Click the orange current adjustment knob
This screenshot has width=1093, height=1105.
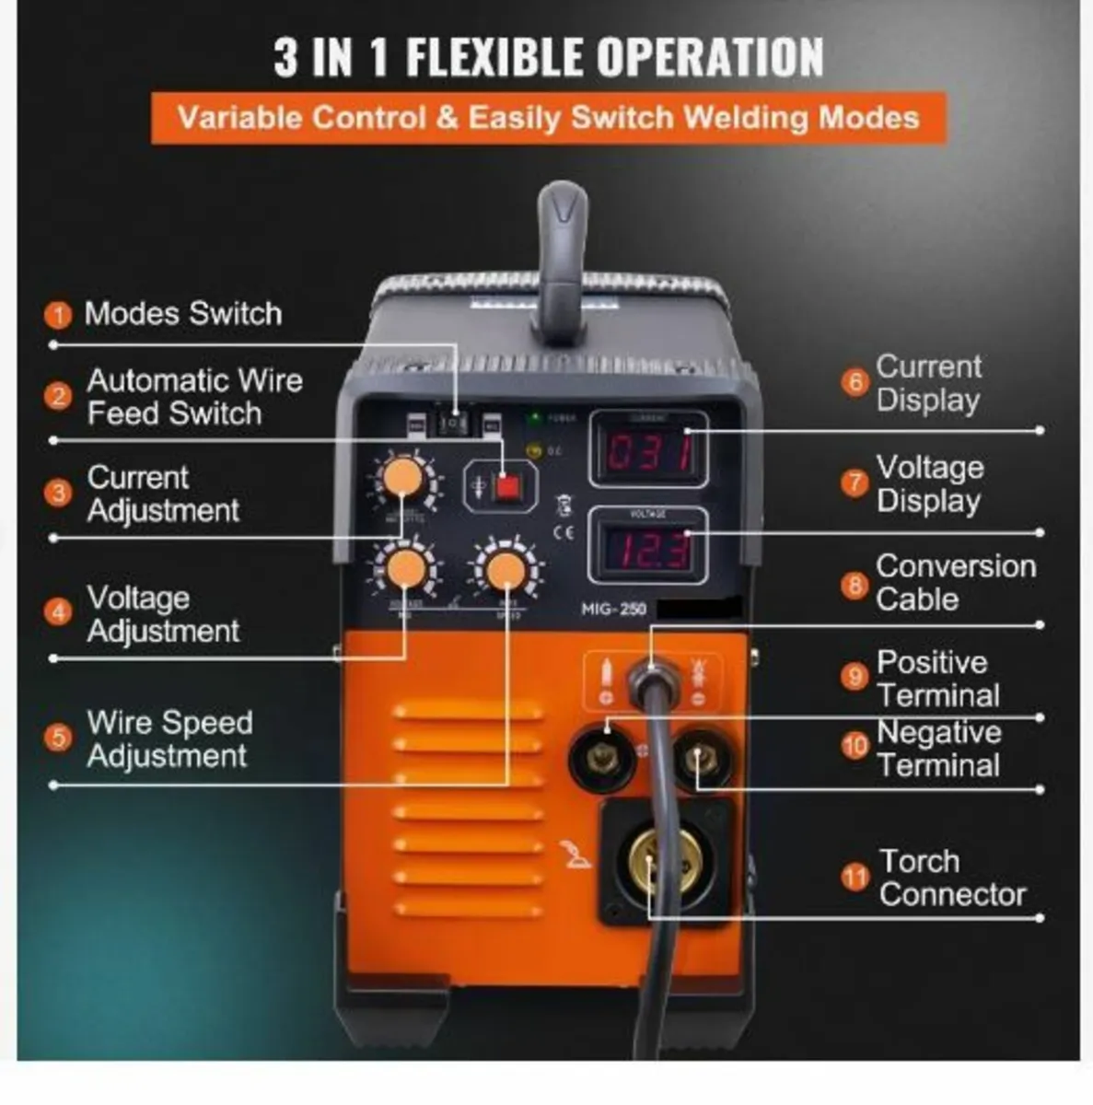pos(402,478)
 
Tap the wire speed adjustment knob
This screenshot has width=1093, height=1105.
pos(504,571)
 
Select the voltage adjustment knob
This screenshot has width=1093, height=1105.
pos(404,569)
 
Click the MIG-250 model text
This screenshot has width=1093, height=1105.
pos(613,610)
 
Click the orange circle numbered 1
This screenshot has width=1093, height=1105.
pos(58,316)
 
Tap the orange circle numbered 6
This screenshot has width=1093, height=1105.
pos(855,382)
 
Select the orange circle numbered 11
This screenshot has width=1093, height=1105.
pos(855,877)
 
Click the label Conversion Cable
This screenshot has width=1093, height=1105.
pos(955,582)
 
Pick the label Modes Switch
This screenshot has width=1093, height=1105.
pos(182,314)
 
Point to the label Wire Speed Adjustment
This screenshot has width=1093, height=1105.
pos(169,739)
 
